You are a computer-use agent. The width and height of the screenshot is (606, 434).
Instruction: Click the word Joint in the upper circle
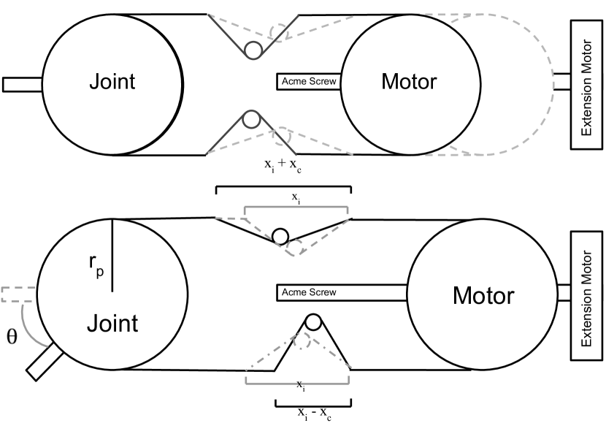112,81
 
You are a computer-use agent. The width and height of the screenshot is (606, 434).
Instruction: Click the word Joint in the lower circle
112,323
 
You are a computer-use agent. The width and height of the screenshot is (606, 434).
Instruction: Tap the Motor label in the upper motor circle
409,81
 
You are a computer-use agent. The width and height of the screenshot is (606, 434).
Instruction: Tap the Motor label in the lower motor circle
483,296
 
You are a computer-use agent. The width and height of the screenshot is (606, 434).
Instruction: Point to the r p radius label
96,269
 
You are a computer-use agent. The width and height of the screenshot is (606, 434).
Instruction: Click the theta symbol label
11,336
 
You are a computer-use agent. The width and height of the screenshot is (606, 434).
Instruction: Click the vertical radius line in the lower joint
112,255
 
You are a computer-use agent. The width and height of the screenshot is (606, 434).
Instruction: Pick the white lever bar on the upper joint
23,85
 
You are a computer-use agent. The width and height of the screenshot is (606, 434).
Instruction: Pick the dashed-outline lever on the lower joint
19,294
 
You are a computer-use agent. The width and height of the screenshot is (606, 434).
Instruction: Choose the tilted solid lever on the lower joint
45,362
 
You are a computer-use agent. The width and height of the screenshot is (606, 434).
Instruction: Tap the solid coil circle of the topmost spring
254,50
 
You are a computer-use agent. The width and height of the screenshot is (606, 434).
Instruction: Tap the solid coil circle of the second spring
251,119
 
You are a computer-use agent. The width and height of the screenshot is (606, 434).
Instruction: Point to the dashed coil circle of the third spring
294,247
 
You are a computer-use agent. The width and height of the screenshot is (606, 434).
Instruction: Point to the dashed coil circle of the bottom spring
300,341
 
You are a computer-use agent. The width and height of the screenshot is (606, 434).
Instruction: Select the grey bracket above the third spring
296,208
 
